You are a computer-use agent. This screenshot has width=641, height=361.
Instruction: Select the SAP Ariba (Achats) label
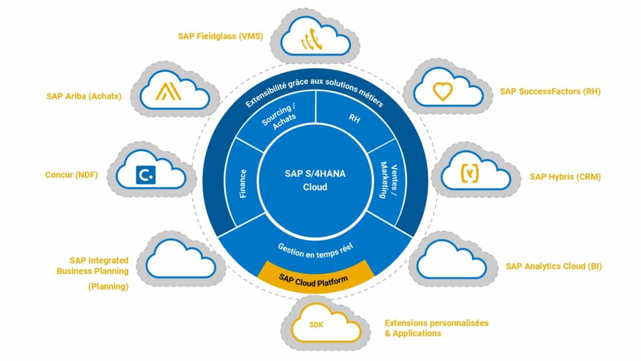[x=84, y=96]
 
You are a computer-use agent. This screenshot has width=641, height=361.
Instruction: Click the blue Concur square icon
[x=146, y=174]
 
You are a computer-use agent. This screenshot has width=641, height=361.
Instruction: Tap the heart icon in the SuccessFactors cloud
[x=443, y=92]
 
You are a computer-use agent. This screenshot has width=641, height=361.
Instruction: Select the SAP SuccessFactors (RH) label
[x=550, y=92]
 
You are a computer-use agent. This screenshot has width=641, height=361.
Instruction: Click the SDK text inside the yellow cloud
[x=318, y=325]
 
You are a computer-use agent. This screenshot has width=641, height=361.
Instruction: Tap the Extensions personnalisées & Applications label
[x=436, y=328]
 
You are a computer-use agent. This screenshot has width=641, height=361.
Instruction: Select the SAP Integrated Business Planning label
[x=93, y=266]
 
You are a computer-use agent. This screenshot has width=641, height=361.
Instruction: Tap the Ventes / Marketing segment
[x=389, y=182]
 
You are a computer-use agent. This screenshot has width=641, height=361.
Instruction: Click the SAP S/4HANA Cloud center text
[x=315, y=180]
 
